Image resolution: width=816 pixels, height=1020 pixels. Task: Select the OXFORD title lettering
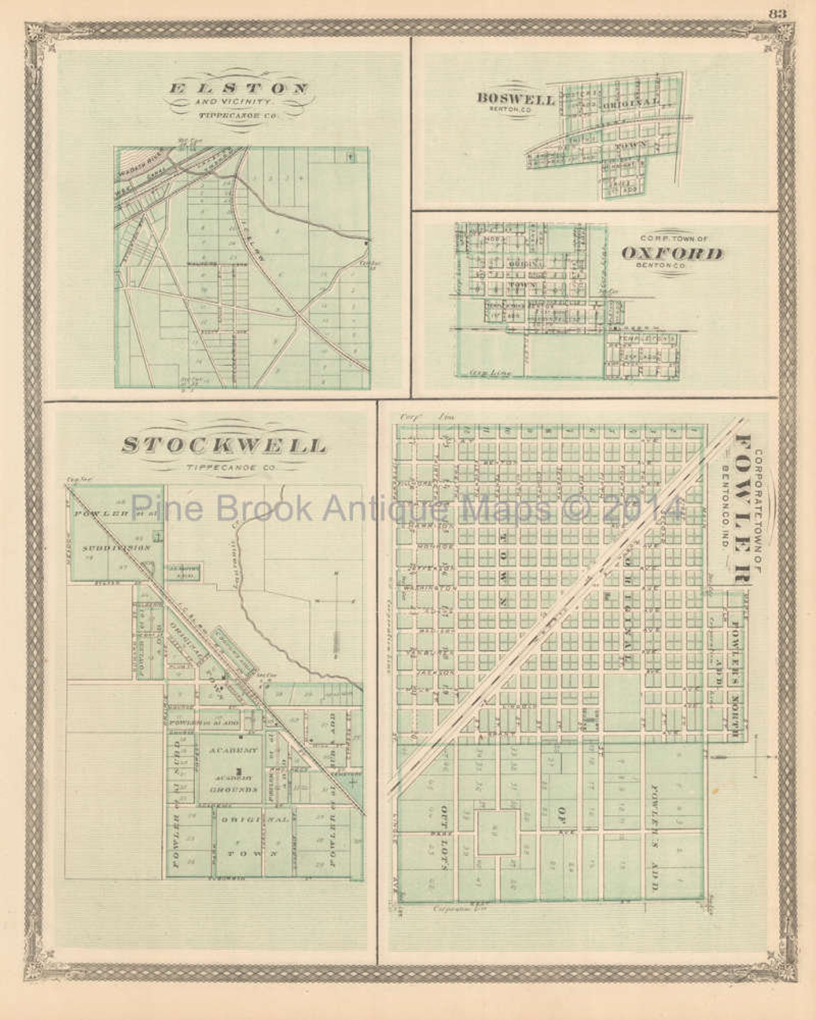672,254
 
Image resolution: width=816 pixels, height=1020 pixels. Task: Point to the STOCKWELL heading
224,446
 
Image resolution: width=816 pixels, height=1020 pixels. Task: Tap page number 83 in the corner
777,14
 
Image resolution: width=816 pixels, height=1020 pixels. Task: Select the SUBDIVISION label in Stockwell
117,548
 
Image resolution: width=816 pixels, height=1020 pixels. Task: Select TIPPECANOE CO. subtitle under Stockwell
224,468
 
